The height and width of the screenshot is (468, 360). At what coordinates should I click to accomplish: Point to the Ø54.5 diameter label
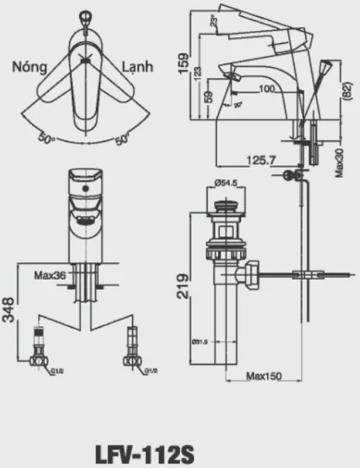223,183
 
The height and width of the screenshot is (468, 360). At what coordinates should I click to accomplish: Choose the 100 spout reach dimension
267,89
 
